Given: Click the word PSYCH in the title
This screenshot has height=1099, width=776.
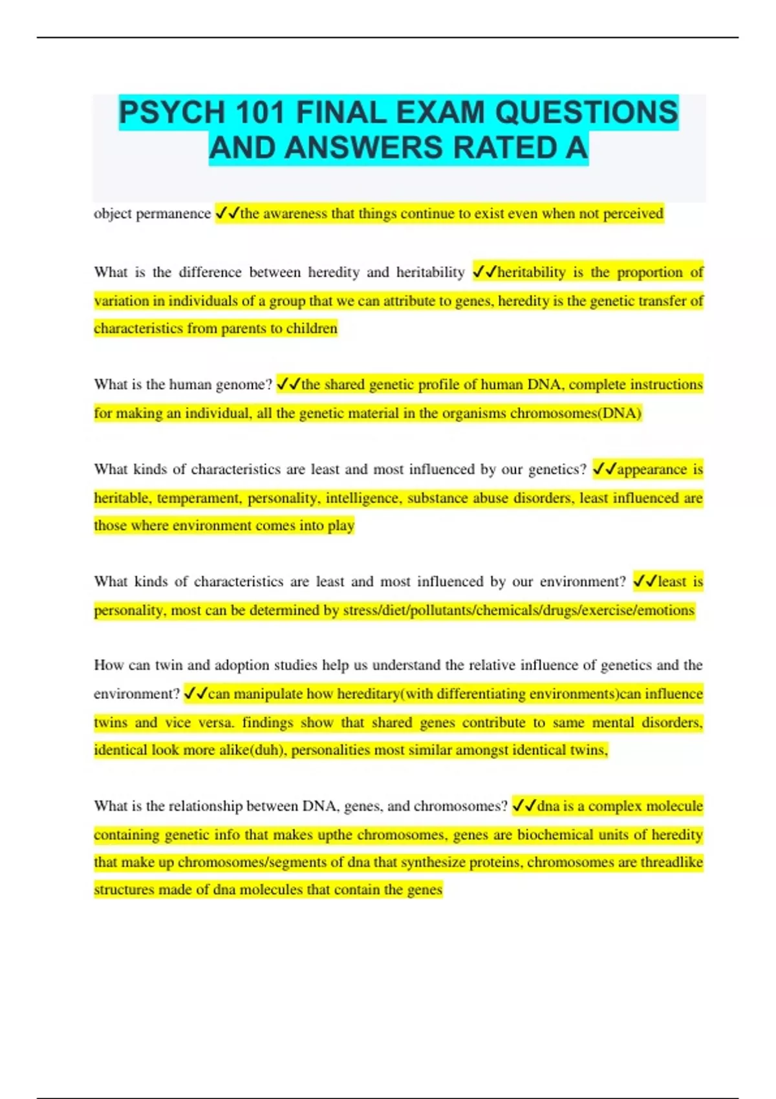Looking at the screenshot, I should [171, 113].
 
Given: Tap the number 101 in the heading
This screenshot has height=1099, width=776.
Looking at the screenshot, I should [260, 113].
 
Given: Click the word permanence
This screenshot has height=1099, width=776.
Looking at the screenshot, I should [173, 214].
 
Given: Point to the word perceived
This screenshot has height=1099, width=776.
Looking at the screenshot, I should [633, 214].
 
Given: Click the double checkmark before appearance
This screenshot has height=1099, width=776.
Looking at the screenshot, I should [604, 469].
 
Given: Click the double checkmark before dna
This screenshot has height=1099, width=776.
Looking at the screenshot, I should [524, 806].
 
